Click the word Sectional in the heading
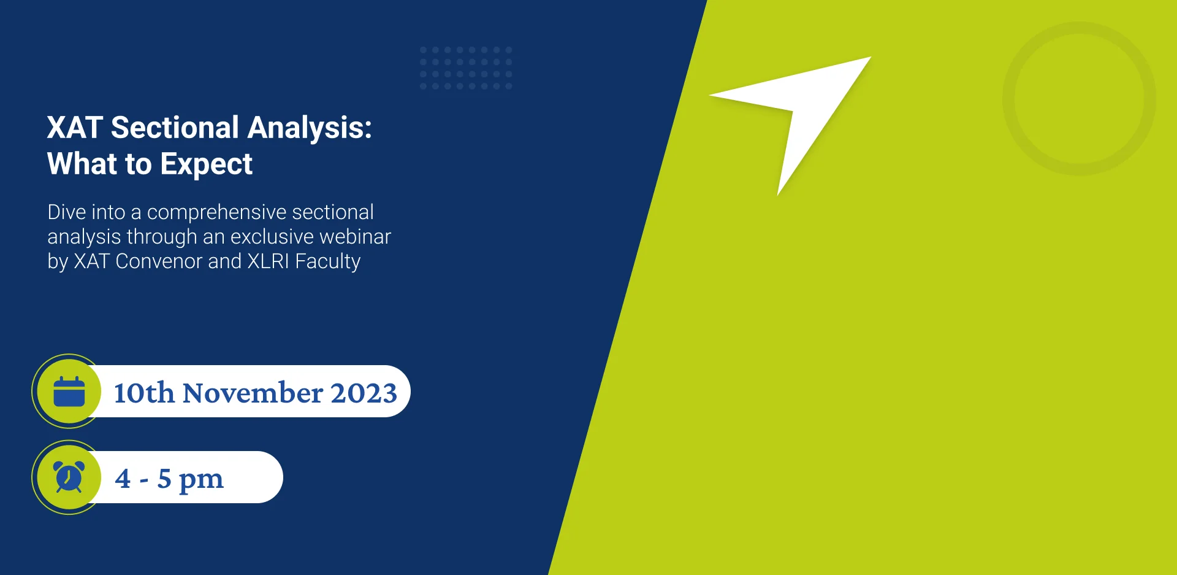pos(175,128)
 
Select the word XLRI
pos(268,261)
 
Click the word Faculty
pos(327,262)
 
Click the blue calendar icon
pos(69,392)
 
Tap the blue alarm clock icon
pos(69,477)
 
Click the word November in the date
pos(253,393)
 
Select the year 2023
pos(364,393)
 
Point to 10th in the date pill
pos(144,393)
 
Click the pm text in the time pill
pos(201,479)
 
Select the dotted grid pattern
pos(466,68)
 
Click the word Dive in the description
pos(66,212)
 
